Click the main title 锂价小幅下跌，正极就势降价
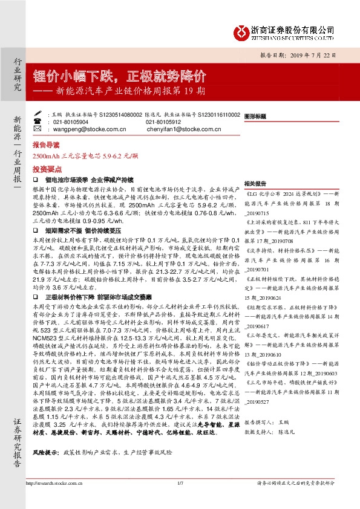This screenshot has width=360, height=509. pyautogui.click(x=120, y=76)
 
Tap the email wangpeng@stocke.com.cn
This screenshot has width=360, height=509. pyautogui.click(x=75, y=128)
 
